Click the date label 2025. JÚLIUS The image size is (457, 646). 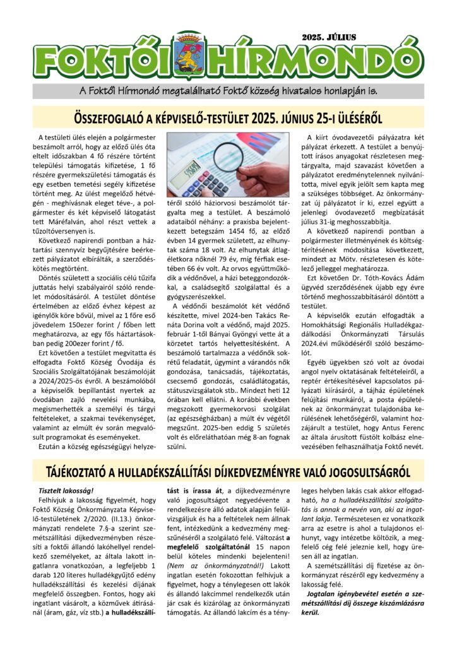330,37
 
